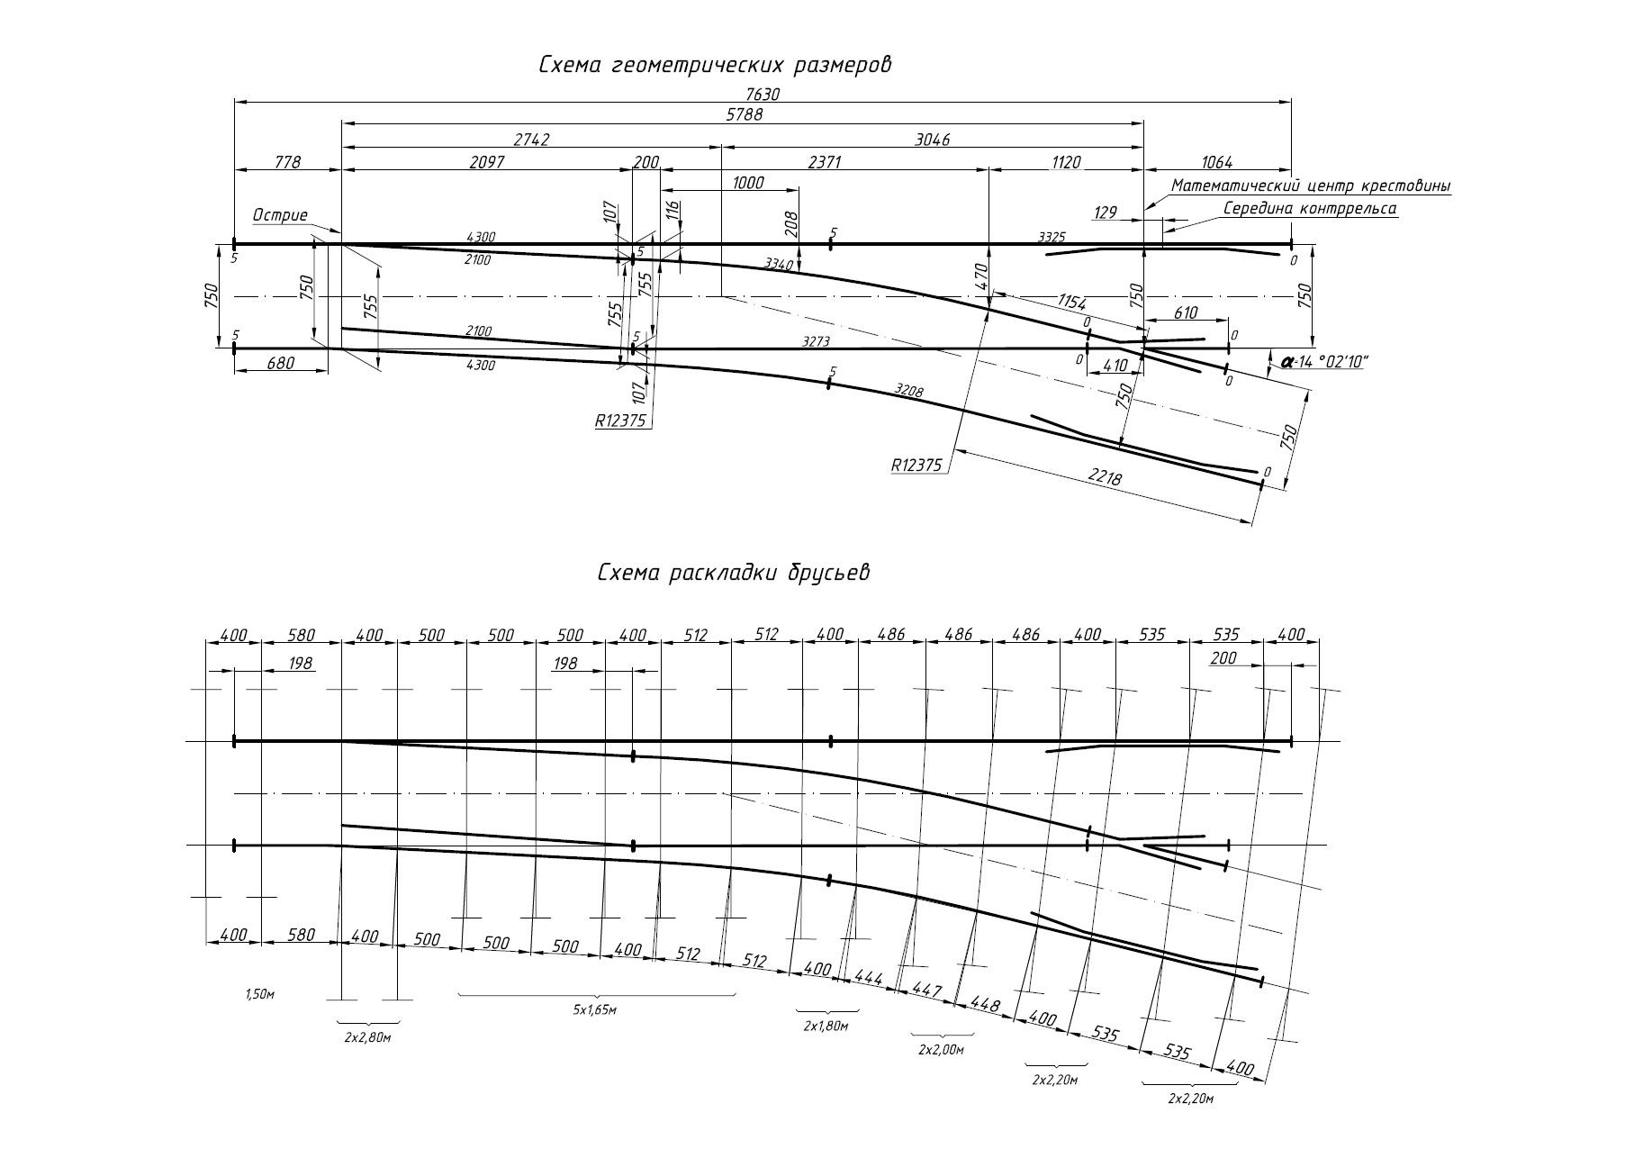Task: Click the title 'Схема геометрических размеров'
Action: [716, 66]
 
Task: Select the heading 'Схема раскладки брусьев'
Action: [734, 574]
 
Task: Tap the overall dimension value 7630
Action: [762, 93]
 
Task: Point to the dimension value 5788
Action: [745, 115]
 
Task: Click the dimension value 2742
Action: [531, 140]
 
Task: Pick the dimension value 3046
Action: [932, 140]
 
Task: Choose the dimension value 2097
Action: [487, 163]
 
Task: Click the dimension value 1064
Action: [1217, 163]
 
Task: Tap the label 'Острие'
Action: [280, 215]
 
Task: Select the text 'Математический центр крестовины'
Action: [1311, 186]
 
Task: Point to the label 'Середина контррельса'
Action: [1310, 209]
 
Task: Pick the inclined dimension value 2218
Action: [1106, 478]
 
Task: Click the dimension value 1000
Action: [748, 183]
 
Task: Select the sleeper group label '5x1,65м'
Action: [594, 1010]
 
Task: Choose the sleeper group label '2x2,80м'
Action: [367, 1038]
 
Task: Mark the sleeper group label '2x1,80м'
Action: [826, 1026]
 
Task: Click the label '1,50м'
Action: [259, 992]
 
